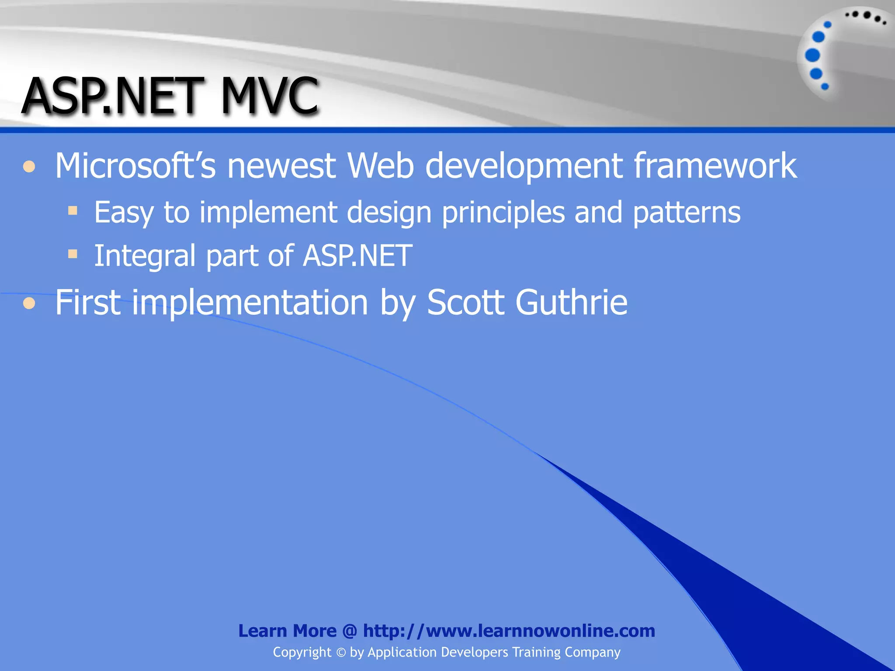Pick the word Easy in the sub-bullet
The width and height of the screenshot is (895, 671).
pos(124,213)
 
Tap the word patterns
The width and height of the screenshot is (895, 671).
pos(687,213)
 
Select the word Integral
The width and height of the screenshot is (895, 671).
pos(145,256)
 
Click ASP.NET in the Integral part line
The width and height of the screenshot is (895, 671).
pos(357,256)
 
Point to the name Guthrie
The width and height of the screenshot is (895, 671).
pos(571,302)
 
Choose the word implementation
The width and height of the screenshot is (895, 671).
pos(250,302)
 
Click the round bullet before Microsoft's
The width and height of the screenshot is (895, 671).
pos(29,167)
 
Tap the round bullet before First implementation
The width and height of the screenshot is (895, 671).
pos(29,303)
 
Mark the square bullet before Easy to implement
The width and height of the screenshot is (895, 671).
pos(73,211)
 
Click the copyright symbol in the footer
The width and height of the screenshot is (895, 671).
pos(341,653)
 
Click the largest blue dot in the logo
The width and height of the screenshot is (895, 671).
pos(812,55)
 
